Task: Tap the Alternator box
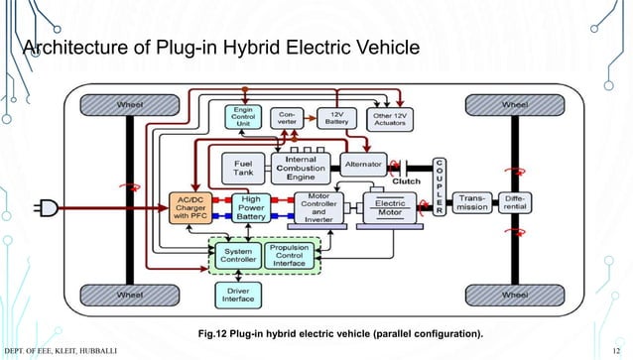(x=363, y=162)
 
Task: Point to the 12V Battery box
(x=334, y=118)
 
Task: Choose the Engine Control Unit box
(x=244, y=117)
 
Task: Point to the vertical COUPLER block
(x=439, y=185)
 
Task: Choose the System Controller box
(x=239, y=254)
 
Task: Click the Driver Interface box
(x=239, y=295)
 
